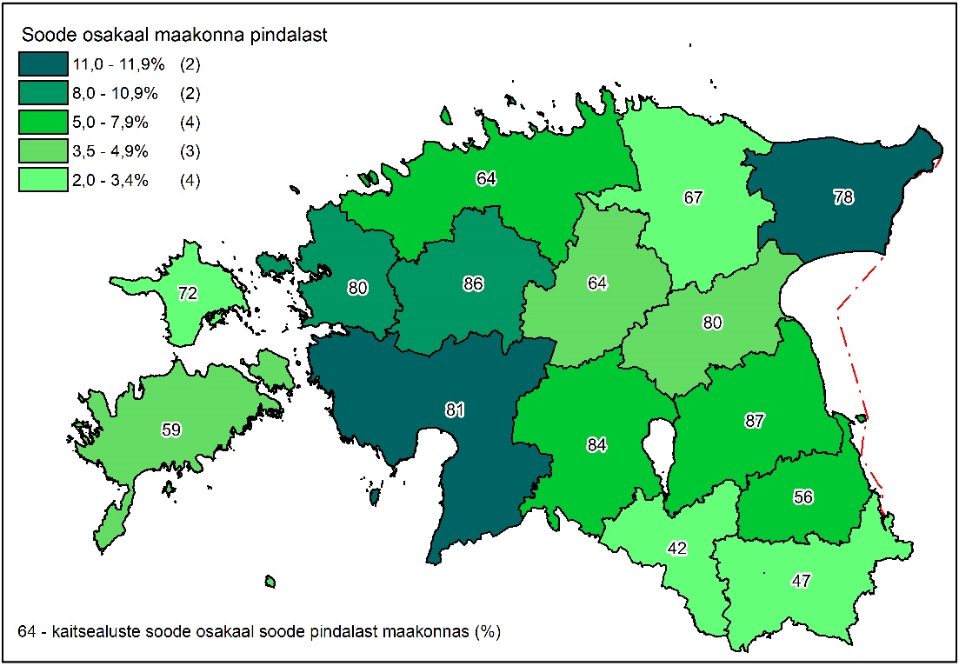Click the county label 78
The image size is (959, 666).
(x=841, y=197)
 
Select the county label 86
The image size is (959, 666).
(x=473, y=283)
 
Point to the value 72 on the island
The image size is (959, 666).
(x=188, y=293)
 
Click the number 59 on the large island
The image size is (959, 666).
(x=172, y=429)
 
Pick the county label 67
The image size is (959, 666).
(x=692, y=197)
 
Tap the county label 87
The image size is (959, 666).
(x=754, y=421)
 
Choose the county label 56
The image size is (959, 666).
(x=803, y=496)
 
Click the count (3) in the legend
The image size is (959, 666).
(x=190, y=152)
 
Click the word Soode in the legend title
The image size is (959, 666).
(x=43, y=36)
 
